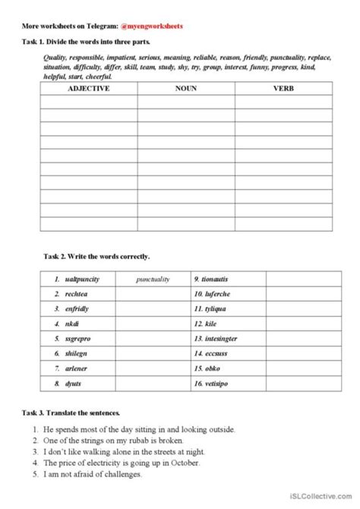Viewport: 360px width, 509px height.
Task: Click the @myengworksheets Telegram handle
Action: (150, 25)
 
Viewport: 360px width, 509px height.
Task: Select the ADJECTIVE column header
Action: (89, 89)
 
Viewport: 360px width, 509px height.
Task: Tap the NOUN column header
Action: (185, 89)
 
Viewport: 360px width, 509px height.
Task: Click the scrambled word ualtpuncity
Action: (82, 280)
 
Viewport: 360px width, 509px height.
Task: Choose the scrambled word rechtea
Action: (75, 294)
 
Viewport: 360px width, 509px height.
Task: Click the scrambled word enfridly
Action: (77, 308)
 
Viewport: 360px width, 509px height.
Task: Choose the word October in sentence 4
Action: (181, 463)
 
